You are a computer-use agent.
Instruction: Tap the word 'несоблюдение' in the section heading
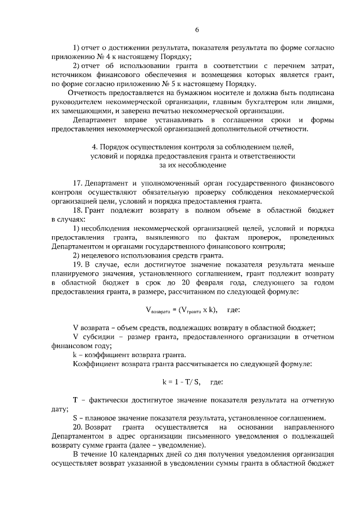(203, 165)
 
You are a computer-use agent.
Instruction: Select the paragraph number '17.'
(79, 184)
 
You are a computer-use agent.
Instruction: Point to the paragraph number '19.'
(79, 265)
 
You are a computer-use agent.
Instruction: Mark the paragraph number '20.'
(79, 427)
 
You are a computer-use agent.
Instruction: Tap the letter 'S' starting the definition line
(75, 418)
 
